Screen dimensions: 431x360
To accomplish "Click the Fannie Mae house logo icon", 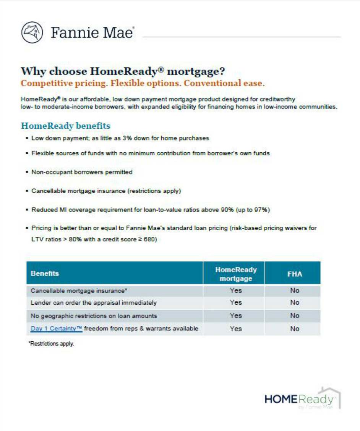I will click(32, 32).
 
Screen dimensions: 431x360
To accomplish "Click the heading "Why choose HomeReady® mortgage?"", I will click(123, 71).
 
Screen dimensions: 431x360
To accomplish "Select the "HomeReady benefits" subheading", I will click(65, 126).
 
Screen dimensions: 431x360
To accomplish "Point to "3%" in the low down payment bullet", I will click(127, 138).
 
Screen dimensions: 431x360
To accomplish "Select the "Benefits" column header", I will click(45, 273).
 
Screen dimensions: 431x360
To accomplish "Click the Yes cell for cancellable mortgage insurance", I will click(236, 291).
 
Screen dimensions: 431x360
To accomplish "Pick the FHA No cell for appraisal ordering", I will click(294, 303).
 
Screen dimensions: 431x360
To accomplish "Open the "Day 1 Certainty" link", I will click(56, 328).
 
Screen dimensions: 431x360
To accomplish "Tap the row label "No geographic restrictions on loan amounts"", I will click(94, 316).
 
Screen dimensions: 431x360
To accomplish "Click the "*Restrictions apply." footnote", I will click(51, 344).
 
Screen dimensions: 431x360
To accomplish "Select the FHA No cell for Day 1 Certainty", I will click(294, 329).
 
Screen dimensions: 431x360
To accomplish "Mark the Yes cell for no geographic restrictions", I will click(236, 316).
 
